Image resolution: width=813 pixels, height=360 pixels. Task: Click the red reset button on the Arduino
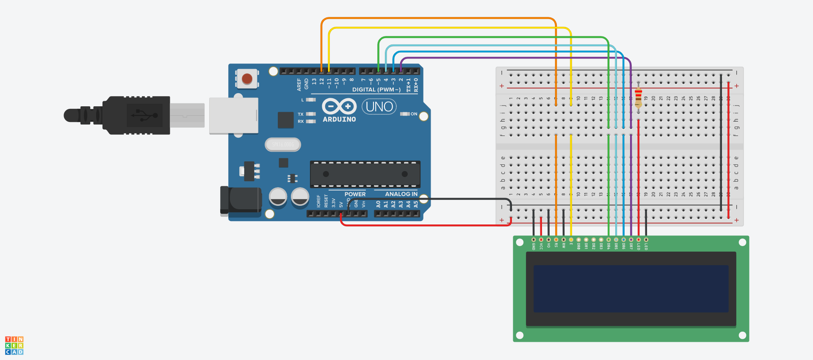pyautogui.click(x=247, y=79)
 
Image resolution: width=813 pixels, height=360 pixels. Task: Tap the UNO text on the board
pyautogui.click(x=379, y=107)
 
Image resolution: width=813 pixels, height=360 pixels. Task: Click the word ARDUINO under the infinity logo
pyautogui.click(x=339, y=119)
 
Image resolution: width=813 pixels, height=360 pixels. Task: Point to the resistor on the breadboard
pyautogui.click(x=638, y=98)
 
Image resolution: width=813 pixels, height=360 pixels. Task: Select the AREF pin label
pyautogui.click(x=299, y=84)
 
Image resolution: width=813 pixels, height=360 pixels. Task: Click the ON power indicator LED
pyautogui.click(x=405, y=114)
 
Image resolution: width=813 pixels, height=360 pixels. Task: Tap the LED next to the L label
pyautogui.click(x=311, y=100)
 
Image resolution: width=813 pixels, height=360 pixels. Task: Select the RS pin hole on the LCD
pyautogui.click(x=556, y=240)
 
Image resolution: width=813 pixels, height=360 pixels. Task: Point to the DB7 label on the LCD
pyautogui.click(x=631, y=246)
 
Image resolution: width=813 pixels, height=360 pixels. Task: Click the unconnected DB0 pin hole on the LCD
pyautogui.click(x=578, y=240)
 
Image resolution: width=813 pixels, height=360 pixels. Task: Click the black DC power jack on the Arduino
pyautogui.click(x=241, y=200)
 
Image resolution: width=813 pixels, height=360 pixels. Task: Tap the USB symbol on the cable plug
pyautogui.click(x=144, y=115)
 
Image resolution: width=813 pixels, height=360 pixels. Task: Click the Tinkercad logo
pyautogui.click(x=14, y=345)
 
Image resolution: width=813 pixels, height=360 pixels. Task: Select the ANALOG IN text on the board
pyautogui.click(x=401, y=194)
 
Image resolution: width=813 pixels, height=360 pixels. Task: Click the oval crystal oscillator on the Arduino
pyautogui.click(x=283, y=145)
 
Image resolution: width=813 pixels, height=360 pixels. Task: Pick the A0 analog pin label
pyautogui.click(x=378, y=204)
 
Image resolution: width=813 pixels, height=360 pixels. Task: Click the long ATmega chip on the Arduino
pyautogui.click(x=365, y=174)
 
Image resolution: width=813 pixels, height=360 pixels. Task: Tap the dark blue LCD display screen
pyautogui.click(x=630, y=289)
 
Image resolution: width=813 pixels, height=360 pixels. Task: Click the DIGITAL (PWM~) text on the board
pyautogui.click(x=376, y=90)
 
